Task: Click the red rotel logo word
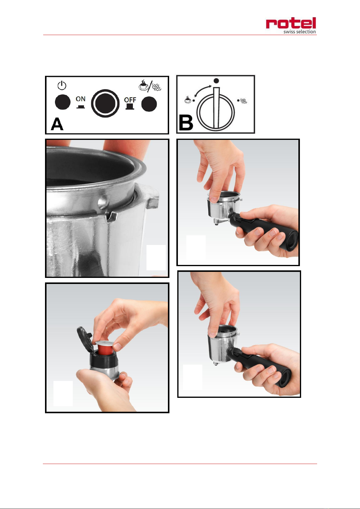(x=291, y=23)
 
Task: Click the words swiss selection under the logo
(x=300, y=32)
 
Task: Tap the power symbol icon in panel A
(x=62, y=85)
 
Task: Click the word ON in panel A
(x=80, y=99)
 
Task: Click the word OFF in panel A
(x=130, y=100)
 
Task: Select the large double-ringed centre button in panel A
(x=105, y=103)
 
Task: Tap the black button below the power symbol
(x=63, y=102)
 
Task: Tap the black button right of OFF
(x=149, y=104)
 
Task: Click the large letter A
(x=57, y=124)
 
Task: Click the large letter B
(x=186, y=123)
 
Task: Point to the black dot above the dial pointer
(x=216, y=81)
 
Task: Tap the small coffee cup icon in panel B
(x=188, y=99)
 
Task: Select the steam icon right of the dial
(x=244, y=100)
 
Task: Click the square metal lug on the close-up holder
(x=152, y=203)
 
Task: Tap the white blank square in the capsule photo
(x=63, y=393)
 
